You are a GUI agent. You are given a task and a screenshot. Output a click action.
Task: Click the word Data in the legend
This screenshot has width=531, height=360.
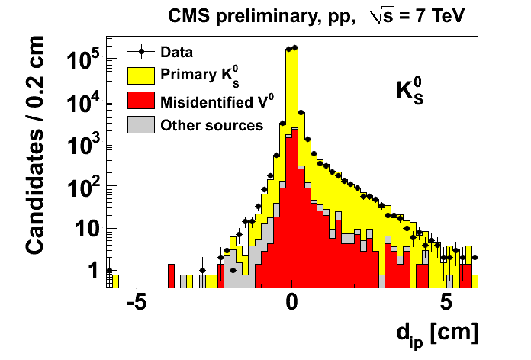coord(176,53)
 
